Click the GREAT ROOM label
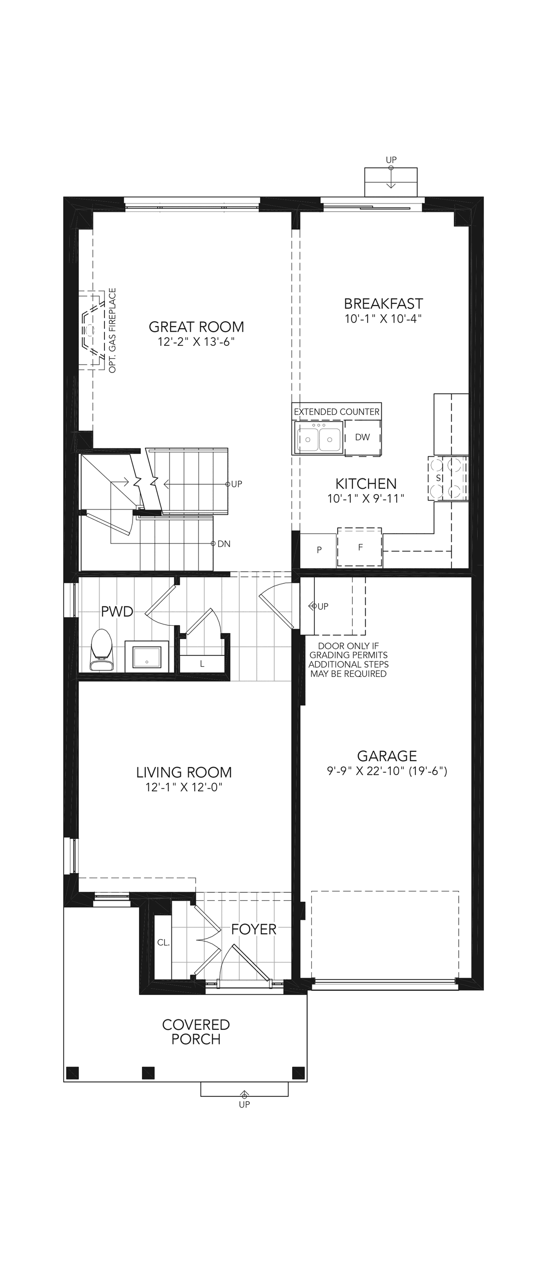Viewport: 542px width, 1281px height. coord(197,327)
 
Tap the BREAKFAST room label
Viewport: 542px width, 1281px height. coord(383,303)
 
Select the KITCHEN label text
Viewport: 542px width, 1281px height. coord(366,483)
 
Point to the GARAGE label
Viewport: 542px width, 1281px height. coord(387,756)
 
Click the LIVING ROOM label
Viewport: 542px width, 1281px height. coord(184,772)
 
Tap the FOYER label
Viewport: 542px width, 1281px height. coord(254,929)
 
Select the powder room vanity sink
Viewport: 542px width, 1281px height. coord(147,657)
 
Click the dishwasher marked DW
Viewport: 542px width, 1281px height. coord(363,438)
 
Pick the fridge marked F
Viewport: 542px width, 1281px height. coord(360,547)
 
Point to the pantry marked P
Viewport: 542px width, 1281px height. coord(319,550)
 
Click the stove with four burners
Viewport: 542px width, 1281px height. coord(447,478)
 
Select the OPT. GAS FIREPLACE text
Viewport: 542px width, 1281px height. coord(112,331)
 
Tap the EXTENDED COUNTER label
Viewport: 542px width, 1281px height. coord(337,412)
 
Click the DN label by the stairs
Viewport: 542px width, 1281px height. coord(224,544)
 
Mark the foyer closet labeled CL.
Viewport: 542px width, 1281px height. coord(163,943)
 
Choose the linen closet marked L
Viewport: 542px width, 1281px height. coord(202,664)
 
